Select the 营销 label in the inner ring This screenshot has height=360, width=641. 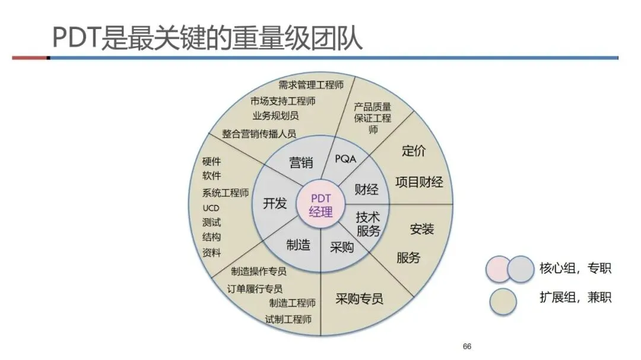[x=301, y=163]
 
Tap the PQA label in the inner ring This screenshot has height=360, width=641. [x=346, y=159]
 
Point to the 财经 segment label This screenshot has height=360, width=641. [x=367, y=190]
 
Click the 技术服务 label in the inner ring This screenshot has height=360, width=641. [x=368, y=224]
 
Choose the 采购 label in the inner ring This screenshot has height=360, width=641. [x=342, y=247]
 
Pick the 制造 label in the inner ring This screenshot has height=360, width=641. [x=298, y=244]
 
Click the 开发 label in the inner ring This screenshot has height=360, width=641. [x=275, y=203]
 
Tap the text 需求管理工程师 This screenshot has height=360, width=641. [x=311, y=85]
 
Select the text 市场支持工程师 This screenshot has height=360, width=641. [x=283, y=101]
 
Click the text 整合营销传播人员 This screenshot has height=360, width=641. [x=259, y=133]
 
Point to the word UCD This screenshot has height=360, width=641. [x=211, y=208]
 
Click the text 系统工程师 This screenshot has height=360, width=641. [x=226, y=193]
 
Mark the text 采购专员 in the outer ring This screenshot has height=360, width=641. [x=359, y=298]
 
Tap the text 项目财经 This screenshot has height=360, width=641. [x=419, y=182]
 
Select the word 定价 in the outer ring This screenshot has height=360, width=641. [x=414, y=151]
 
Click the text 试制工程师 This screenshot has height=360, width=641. [x=288, y=319]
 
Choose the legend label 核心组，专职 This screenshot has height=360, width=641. [x=575, y=268]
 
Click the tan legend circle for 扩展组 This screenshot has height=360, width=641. [x=504, y=301]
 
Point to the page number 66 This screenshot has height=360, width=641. [x=467, y=346]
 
